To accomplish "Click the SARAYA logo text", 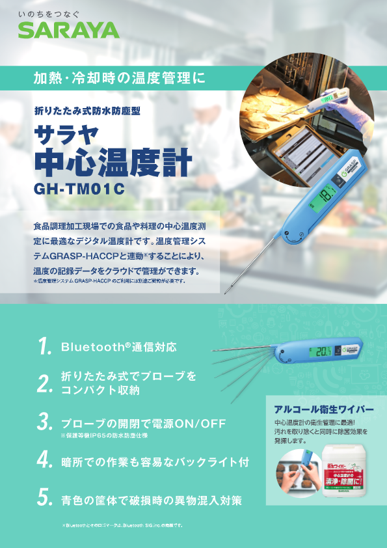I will tap(68, 30).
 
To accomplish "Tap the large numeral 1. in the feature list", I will tap(44, 346).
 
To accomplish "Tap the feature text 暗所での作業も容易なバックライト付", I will tap(155, 461).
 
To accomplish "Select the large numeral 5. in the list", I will tap(44, 499).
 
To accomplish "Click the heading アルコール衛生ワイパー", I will tap(324, 409).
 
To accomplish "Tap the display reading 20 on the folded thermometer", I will tap(323, 352).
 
